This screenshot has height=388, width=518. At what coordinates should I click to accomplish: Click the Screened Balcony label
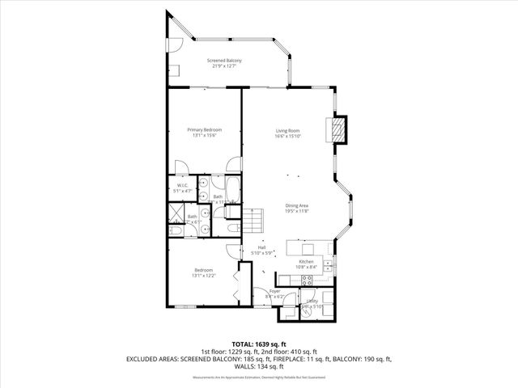(x=224, y=63)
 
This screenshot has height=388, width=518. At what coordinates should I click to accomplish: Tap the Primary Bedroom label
(x=205, y=133)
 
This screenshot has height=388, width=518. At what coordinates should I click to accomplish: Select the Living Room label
(x=287, y=133)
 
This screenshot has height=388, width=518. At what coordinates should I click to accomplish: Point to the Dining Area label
(x=297, y=208)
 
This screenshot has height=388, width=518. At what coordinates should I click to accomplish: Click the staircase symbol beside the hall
(x=255, y=219)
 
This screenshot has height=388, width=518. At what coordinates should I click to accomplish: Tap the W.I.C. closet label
(x=183, y=188)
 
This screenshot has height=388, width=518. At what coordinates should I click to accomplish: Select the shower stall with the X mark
(x=176, y=213)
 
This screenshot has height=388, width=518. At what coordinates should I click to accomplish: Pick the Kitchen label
(x=306, y=264)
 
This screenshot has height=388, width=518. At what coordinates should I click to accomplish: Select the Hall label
(x=261, y=250)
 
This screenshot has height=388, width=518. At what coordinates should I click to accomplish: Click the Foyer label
(x=274, y=294)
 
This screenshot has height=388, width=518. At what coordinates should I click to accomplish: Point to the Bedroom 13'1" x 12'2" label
(x=203, y=272)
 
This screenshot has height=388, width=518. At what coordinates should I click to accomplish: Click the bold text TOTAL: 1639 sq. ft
(x=259, y=344)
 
